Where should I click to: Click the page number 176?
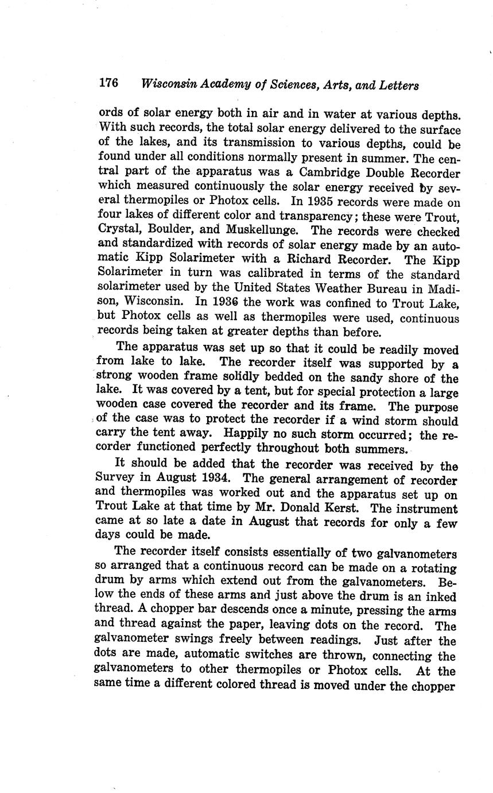pos(108,83)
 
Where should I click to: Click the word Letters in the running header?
pos(396,85)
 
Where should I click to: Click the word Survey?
pos(115,479)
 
